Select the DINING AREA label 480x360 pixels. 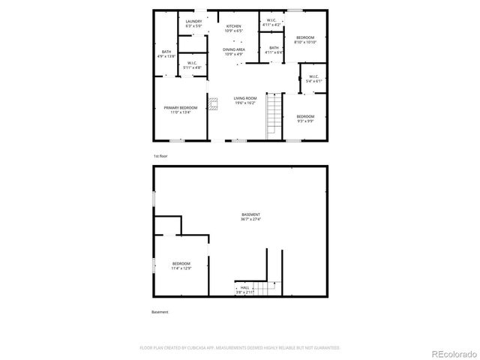point(234,52)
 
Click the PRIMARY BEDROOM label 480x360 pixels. point(180,110)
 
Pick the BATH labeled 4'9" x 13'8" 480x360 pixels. point(166,53)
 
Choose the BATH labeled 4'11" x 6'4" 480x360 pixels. point(274,49)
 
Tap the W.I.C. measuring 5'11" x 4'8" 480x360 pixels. point(192,65)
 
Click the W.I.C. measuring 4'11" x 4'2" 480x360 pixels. point(271,22)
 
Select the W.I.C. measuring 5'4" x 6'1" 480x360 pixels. point(313,78)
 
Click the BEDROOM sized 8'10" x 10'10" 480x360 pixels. point(304,40)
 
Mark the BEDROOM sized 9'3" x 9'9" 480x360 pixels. point(304,118)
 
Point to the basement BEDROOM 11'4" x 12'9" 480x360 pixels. point(181,265)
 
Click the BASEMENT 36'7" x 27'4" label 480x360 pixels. point(250,217)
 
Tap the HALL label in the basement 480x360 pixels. point(244,289)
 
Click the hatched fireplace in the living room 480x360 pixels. point(213,103)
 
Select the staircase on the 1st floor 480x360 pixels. point(274,116)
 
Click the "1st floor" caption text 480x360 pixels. point(160,156)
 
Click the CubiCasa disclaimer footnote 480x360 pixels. point(240,348)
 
